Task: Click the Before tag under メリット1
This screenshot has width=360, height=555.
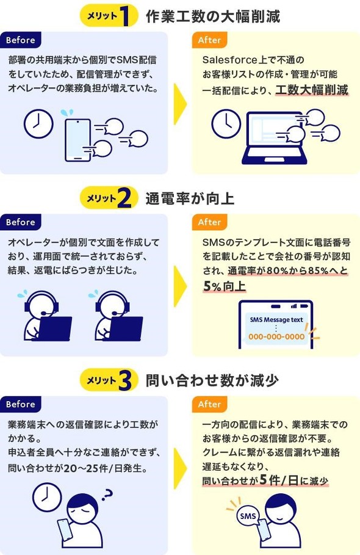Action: [x=21, y=40]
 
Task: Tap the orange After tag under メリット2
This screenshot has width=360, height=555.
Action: [x=209, y=222]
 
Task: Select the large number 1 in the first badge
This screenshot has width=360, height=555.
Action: [x=124, y=16]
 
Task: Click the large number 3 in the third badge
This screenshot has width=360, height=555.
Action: [x=125, y=380]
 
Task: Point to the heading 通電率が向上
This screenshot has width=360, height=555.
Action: [x=190, y=198]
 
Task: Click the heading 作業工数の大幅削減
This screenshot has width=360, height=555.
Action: [x=213, y=16]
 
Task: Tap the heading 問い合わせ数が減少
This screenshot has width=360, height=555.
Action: [x=212, y=381]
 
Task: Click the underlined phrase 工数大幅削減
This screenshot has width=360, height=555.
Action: [x=312, y=90]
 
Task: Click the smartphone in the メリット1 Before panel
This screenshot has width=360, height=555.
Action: [x=77, y=140]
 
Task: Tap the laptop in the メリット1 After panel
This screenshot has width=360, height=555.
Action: [x=272, y=139]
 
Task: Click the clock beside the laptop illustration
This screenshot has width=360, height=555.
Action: [x=226, y=123]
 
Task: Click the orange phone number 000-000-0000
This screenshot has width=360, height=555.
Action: [x=276, y=336]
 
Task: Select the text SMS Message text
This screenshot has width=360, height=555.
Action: [x=276, y=319]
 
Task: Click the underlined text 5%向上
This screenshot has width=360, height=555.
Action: [x=224, y=286]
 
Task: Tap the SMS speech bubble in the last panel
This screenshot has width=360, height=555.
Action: [x=248, y=516]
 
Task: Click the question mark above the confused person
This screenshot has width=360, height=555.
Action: [x=107, y=494]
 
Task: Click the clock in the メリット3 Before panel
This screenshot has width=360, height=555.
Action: [x=47, y=498]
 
